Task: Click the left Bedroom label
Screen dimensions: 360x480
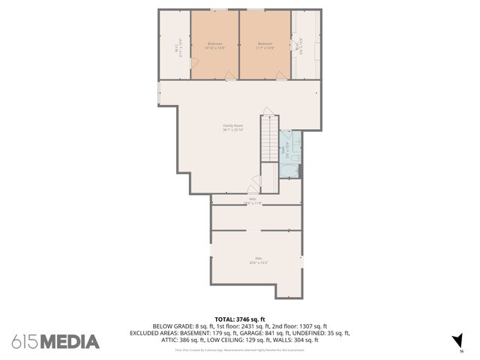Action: pos(214,46)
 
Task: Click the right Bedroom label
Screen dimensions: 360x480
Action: pos(265,46)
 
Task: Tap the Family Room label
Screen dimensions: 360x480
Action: pos(232,127)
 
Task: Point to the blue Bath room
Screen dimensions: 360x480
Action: pos(291,154)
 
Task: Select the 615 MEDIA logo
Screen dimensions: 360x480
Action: pos(55,342)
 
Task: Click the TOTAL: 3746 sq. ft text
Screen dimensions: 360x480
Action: pos(240,319)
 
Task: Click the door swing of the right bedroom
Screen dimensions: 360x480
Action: pos(280,74)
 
